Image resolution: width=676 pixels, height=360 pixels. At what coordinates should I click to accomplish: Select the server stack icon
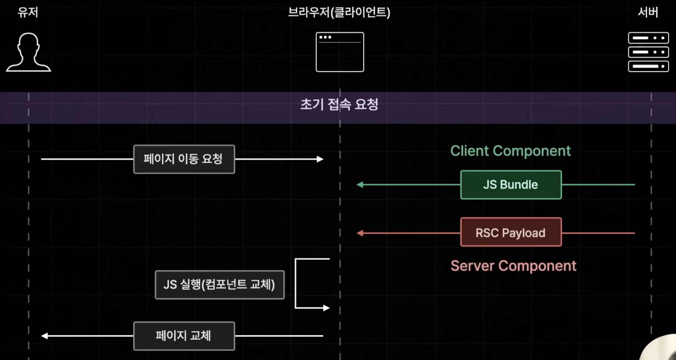coord(648,52)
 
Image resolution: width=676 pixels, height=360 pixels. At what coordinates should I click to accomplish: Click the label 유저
coord(28,13)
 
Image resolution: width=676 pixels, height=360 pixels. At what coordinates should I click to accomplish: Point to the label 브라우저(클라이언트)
coord(339,13)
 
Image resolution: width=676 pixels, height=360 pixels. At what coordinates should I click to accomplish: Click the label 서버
coord(648,13)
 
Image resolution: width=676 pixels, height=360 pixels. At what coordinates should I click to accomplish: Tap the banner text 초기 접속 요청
coord(339,104)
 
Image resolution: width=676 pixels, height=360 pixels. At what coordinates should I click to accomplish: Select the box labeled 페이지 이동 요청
coord(184,159)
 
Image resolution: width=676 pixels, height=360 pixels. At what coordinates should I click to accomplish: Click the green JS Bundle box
coord(511,185)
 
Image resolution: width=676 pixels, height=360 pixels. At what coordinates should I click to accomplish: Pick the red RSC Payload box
coord(511,232)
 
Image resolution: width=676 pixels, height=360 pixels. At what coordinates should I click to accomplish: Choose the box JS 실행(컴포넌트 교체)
coord(220,285)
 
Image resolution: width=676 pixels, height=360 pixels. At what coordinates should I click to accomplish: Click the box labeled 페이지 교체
coord(184,336)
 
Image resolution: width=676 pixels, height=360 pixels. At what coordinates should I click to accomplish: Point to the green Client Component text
coord(510,151)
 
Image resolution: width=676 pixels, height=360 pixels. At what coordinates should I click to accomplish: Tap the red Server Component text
coord(513,266)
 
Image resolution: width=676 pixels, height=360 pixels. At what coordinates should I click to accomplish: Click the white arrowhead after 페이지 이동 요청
coord(320,159)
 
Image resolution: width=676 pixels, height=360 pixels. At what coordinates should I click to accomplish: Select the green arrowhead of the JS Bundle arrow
coord(360,185)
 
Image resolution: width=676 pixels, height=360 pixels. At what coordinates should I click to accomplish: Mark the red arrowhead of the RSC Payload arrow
coord(360,233)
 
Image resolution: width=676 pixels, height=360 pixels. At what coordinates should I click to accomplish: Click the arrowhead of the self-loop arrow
coord(326,308)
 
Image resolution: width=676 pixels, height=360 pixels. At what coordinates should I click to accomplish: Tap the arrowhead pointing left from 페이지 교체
coord(45,336)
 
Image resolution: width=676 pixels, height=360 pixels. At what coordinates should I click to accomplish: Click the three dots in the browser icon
coord(325,37)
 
